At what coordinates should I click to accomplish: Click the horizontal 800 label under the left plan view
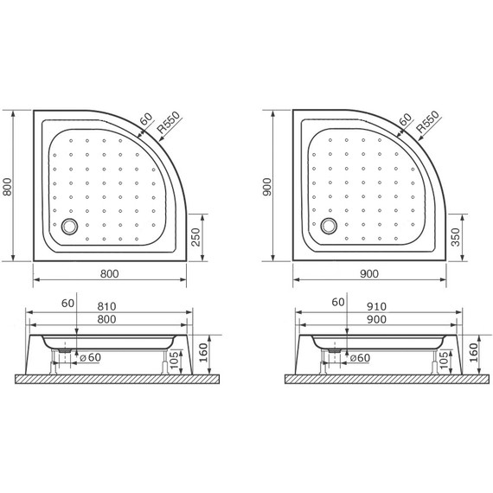pos(109,274)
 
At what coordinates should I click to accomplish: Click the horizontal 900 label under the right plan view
pos(369,274)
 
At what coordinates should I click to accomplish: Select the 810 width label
pos(107,305)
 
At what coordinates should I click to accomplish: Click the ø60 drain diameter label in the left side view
pos(90,357)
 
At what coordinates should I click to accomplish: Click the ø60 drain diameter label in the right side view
pos(358,357)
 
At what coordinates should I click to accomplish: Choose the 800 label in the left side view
pos(107,319)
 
